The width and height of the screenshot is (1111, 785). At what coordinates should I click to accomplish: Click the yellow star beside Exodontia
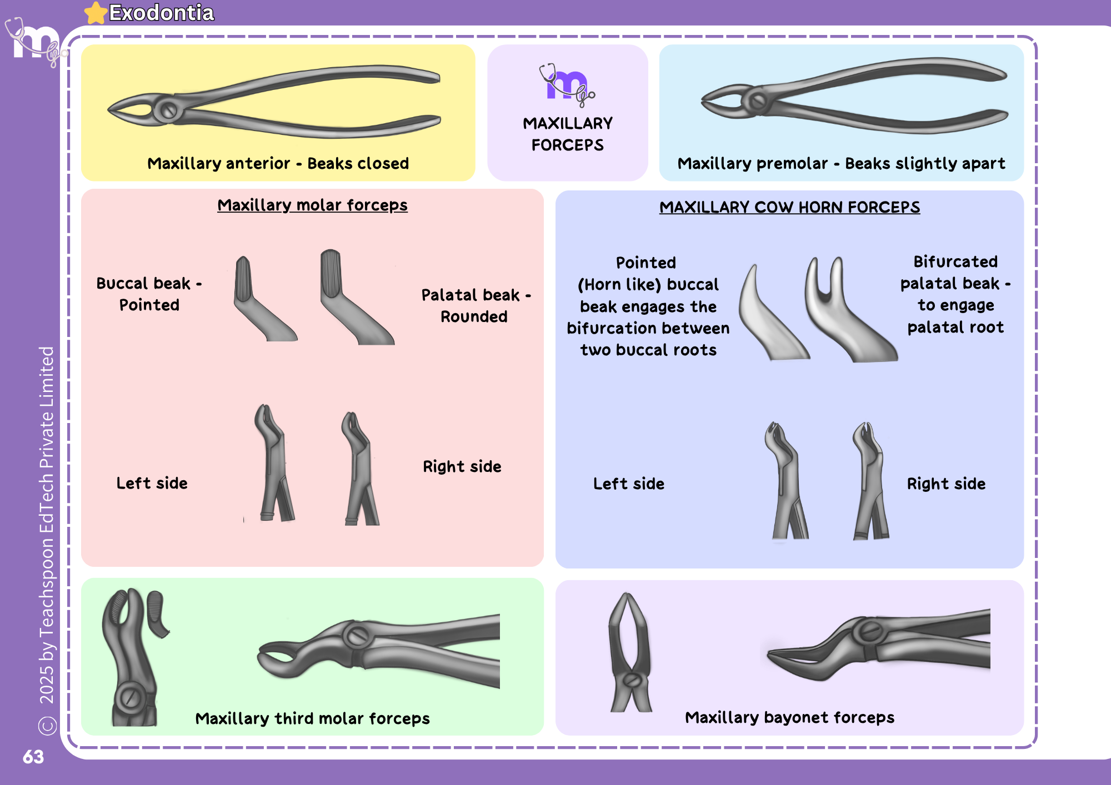click(x=96, y=13)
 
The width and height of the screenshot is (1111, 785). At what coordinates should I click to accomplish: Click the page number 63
click(x=33, y=757)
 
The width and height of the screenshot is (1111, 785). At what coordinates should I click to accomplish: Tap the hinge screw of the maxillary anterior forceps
click(x=168, y=110)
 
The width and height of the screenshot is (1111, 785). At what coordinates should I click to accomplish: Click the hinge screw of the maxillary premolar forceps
click(x=758, y=101)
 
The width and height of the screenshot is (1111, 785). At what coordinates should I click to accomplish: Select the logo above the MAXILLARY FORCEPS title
click(x=567, y=84)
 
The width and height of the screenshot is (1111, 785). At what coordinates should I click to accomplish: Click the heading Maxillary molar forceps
click(x=312, y=205)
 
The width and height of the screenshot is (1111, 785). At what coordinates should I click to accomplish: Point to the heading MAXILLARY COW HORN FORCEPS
click(x=789, y=207)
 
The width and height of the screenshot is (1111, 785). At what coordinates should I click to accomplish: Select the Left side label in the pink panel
click(x=152, y=483)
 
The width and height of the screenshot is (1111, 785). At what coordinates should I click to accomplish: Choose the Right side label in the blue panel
click(x=946, y=484)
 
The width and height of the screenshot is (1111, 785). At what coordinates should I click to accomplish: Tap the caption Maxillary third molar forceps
click(x=312, y=718)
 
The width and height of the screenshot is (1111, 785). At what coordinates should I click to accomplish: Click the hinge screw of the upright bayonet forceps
click(x=632, y=680)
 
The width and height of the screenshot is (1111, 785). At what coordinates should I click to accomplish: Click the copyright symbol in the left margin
click(x=47, y=726)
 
